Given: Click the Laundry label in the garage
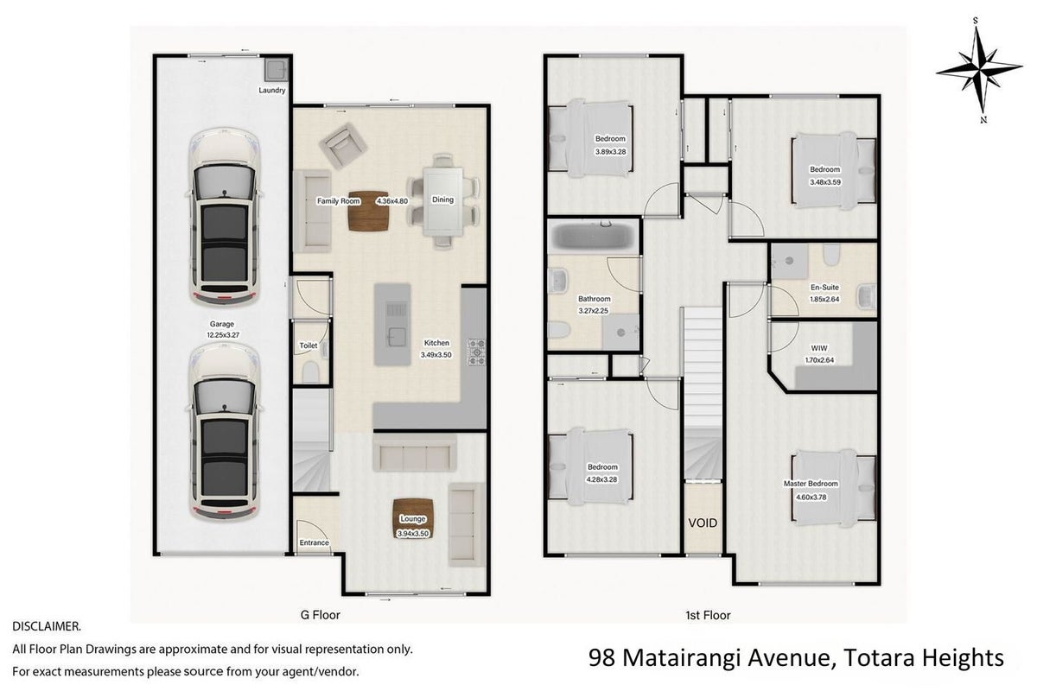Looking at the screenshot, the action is (x=271, y=90).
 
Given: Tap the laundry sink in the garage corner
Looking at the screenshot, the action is (x=277, y=69).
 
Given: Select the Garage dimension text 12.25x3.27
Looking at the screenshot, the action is (x=223, y=335).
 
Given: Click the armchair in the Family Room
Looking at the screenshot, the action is (x=343, y=146).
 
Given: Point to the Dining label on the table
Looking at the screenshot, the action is (x=442, y=200).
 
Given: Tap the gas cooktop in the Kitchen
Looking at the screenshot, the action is (x=476, y=352).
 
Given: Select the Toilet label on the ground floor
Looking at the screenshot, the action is (x=309, y=345).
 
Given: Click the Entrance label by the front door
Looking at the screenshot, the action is (x=314, y=542).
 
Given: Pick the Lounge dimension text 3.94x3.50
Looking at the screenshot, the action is (x=413, y=534).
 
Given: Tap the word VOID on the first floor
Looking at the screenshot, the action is (x=703, y=523).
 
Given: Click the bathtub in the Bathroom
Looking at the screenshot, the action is (x=594, y=237).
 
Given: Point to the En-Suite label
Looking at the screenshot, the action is (x=824, y=288).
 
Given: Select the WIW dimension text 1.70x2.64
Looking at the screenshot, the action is (x=819, y=359).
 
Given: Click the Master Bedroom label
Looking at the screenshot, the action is (x=811, y=484).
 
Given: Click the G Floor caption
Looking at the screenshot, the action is (x=321, y=615).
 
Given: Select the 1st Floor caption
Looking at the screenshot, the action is (x=708, y=615).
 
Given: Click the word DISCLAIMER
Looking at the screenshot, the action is (x=47, y=627).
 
